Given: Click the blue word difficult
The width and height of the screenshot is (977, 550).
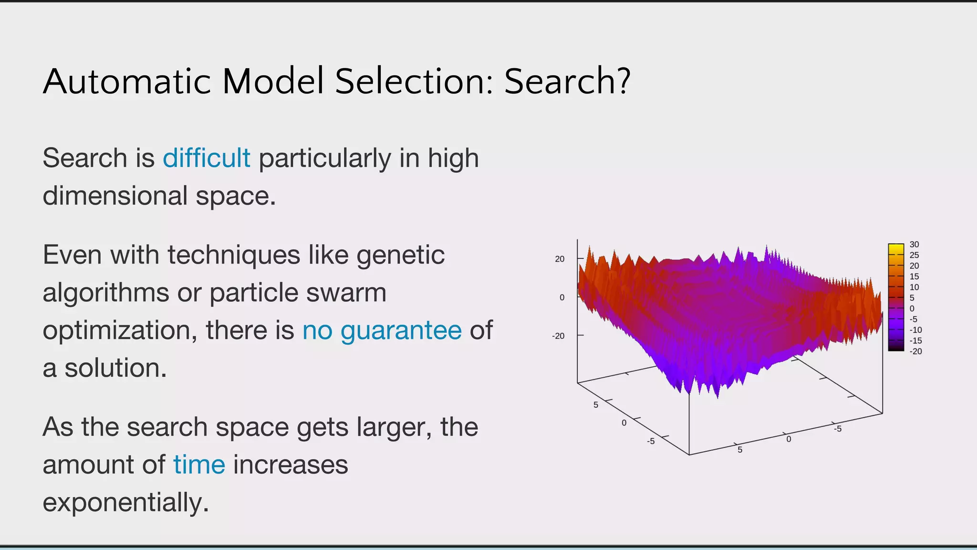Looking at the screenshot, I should pyautogui.click(x=206, y=158).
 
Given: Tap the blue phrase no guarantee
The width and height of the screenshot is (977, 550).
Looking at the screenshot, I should pyautogui.click(x=382, y=330).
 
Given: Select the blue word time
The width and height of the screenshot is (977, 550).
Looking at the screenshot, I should pyautogui.click(x=199, y=465).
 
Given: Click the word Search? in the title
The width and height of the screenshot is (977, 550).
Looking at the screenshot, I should pyautogui.click(x=567, y=81).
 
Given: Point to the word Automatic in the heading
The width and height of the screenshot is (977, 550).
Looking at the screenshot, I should pyautogui.click(x=127, y=81).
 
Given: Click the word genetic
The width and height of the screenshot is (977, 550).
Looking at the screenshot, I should pyautogui.click(x=400, y=255).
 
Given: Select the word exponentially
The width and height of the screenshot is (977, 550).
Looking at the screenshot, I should pyautogui.click(x=126, y=503).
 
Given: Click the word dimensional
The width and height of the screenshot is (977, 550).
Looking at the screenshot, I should pyautogui.click(x=115, y=196).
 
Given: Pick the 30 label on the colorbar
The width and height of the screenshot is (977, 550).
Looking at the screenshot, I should pyautogui.click(x=914, y=244).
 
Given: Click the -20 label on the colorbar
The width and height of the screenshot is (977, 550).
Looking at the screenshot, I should pyautogui.click(x=915, y=351).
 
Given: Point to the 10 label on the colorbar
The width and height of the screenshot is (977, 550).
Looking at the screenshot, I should pyautogui.click(x=914, y=287).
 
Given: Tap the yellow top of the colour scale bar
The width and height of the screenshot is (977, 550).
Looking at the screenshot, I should pyautogui.click(x=896, y=248).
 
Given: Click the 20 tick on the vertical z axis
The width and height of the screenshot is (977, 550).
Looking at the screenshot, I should pyautogui.click(x=560, y=259).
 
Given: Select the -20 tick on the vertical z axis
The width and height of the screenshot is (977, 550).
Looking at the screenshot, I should pyautogui.click(x=558, y=336).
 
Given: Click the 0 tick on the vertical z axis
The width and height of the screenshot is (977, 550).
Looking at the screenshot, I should pyautogui.click(x=562, y=297).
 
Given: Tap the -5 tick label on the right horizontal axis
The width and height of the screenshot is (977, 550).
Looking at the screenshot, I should pyautogui.click(x=838, y=429).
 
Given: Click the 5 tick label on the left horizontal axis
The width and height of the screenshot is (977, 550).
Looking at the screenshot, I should pyautogui.click(x=595, y=405).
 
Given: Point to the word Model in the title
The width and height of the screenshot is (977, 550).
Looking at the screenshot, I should pyautogui.click(x=273, y=81).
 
